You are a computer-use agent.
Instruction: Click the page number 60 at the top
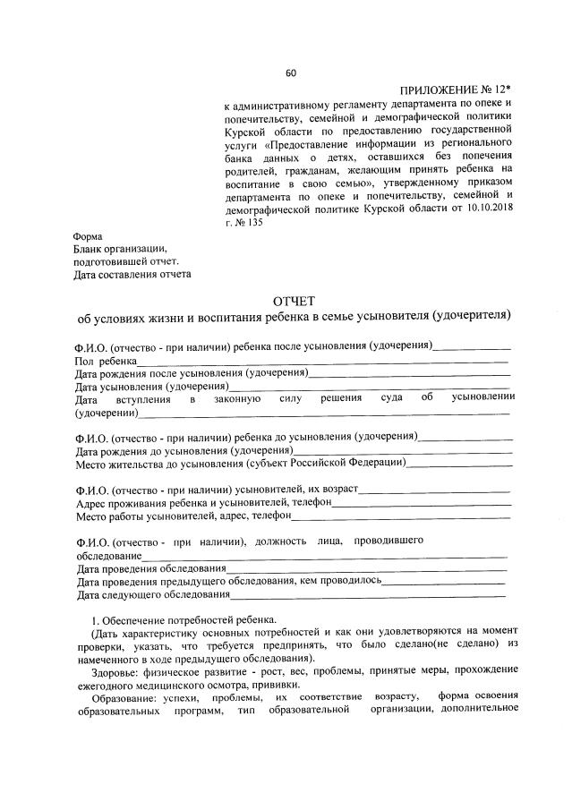tap(290, 73)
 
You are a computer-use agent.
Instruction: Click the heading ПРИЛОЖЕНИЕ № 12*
tap(455, 91)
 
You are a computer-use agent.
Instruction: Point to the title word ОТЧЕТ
tap(293, 301)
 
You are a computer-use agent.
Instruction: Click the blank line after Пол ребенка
tap(322, 360)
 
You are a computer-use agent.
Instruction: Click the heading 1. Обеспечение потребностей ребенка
tap(184, 619)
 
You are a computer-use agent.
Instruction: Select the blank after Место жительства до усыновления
tap(459, 464)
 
